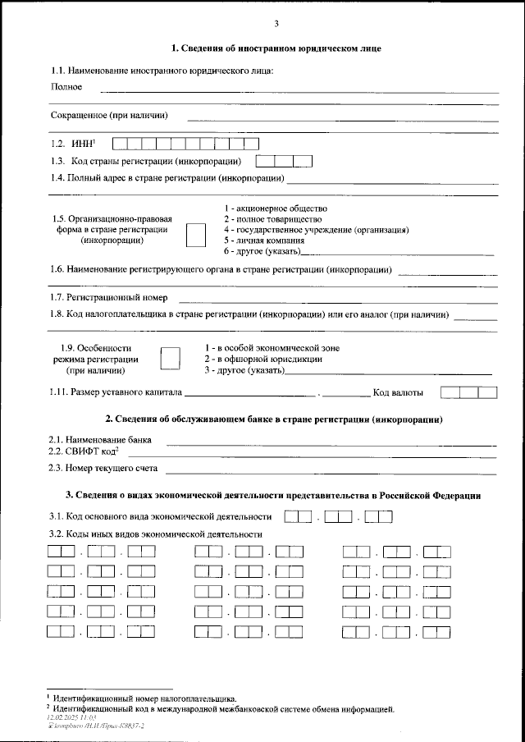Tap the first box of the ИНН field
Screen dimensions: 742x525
coord(120,144)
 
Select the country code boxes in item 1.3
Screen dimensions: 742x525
coord(285,161)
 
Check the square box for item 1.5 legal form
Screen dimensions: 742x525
coord(196,234)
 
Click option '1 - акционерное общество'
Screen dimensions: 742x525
coord(276,208)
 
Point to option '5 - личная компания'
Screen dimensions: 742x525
coord(263,241)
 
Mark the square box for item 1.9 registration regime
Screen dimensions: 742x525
coord(169,359)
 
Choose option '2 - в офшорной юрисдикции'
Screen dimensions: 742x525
coord(262,360)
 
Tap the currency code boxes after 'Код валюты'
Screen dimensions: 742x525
coord(468,392)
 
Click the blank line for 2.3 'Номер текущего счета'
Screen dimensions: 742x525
coord(331,470)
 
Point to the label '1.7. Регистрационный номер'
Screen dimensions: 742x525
coord(108,297)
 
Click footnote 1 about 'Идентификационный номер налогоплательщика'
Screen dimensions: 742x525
coord(144,697)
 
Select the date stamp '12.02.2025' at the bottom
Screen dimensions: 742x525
coord(66,717)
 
